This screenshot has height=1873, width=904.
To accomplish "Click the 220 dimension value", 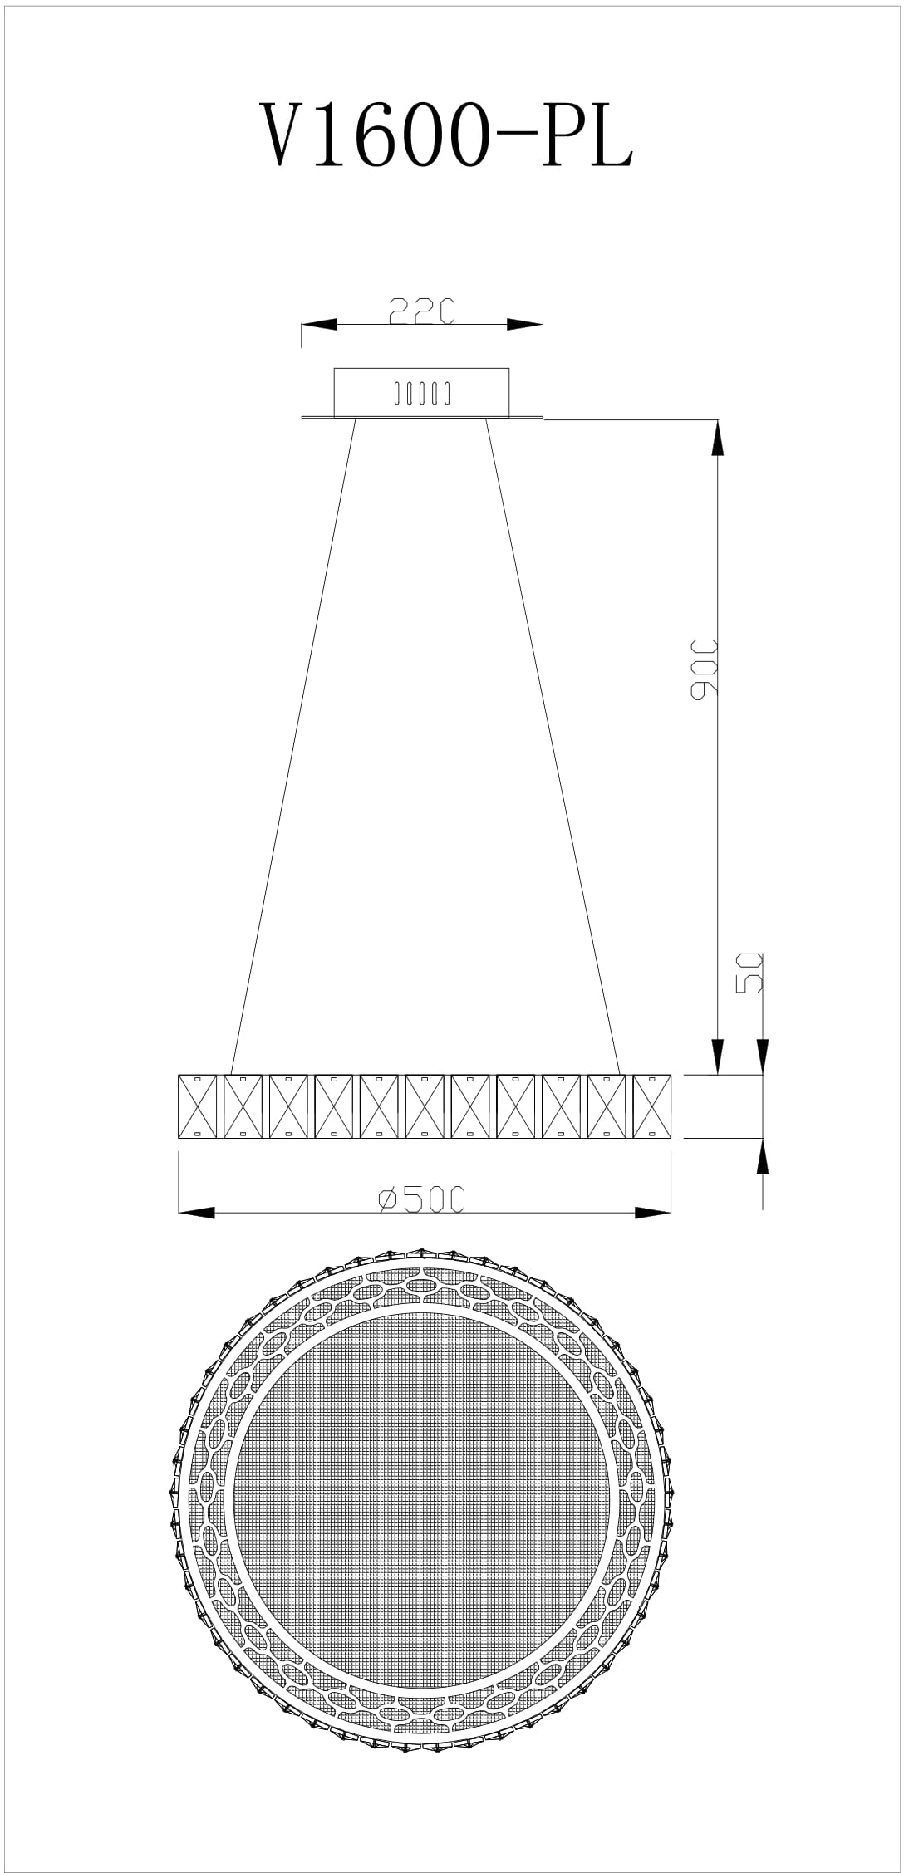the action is click(x=422, y=310).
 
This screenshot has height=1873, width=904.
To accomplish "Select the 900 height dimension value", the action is click(x=704, y=669).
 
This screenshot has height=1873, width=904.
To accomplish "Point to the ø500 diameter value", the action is click(x=422, y=1199).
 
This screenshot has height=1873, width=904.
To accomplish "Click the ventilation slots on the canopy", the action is click(x=422, y=392).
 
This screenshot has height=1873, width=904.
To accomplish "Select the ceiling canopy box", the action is click(x=421, y=392).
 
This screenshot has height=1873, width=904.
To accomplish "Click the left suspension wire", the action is click(x=293, y=746).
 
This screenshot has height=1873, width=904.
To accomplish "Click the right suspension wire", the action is click(x=553, y=746).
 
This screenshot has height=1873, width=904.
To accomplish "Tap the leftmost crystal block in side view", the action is click(x=198, y=1106).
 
